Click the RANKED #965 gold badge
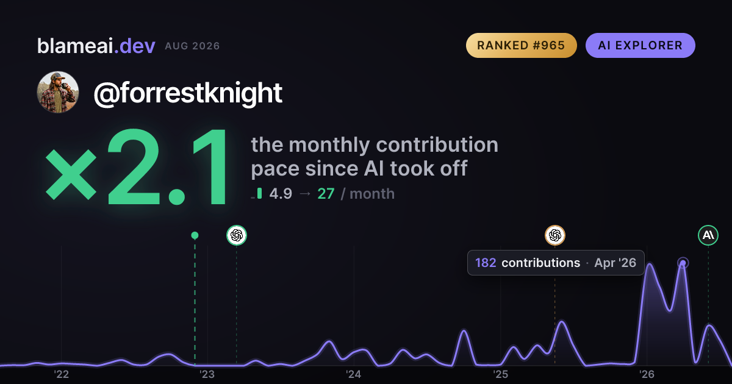521,45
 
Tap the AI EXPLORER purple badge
640,45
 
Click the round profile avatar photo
58,93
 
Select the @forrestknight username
188,93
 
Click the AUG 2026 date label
192,46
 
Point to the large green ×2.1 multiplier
136,167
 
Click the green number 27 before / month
326,194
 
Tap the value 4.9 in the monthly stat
281,194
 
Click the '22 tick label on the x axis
61,374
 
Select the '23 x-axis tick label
207,374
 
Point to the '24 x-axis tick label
354,374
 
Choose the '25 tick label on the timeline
500,374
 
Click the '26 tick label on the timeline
647,374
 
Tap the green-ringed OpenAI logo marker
237,235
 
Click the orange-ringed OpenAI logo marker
555,235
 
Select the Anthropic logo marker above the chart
708,235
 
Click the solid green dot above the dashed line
195,235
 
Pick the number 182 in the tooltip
486,263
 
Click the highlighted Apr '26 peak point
683,263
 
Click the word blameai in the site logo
75,46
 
